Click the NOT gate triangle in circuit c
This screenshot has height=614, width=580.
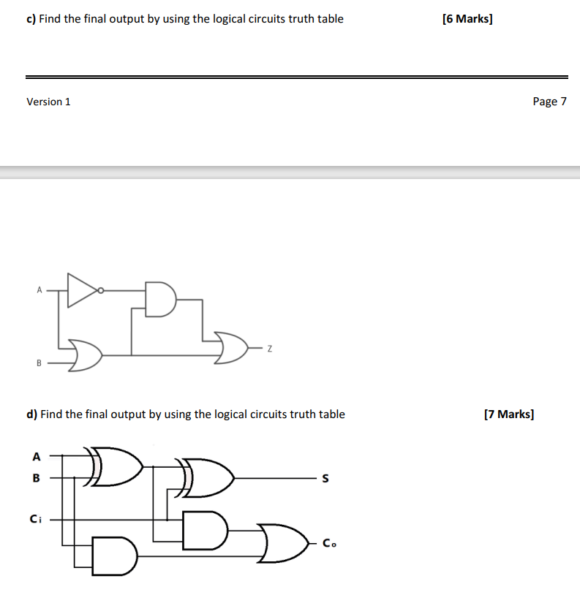point(80,290)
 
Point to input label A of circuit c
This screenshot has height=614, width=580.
point(39,290)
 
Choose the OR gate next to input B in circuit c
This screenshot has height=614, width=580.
point(84,355)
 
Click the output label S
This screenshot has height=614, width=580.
point(326,480)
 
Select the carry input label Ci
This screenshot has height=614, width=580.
point(35,519)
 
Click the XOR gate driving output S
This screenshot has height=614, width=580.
point(208,479)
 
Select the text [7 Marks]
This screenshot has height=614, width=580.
point(509,414)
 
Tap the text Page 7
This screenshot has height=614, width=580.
point(550,102)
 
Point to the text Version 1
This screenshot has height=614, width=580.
point(48,102)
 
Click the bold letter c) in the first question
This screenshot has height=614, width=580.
point(31,18)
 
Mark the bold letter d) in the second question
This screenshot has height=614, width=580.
point(31,414)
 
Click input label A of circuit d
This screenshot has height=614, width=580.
point(36,456)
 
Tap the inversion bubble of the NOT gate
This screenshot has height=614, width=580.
point(102,290)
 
